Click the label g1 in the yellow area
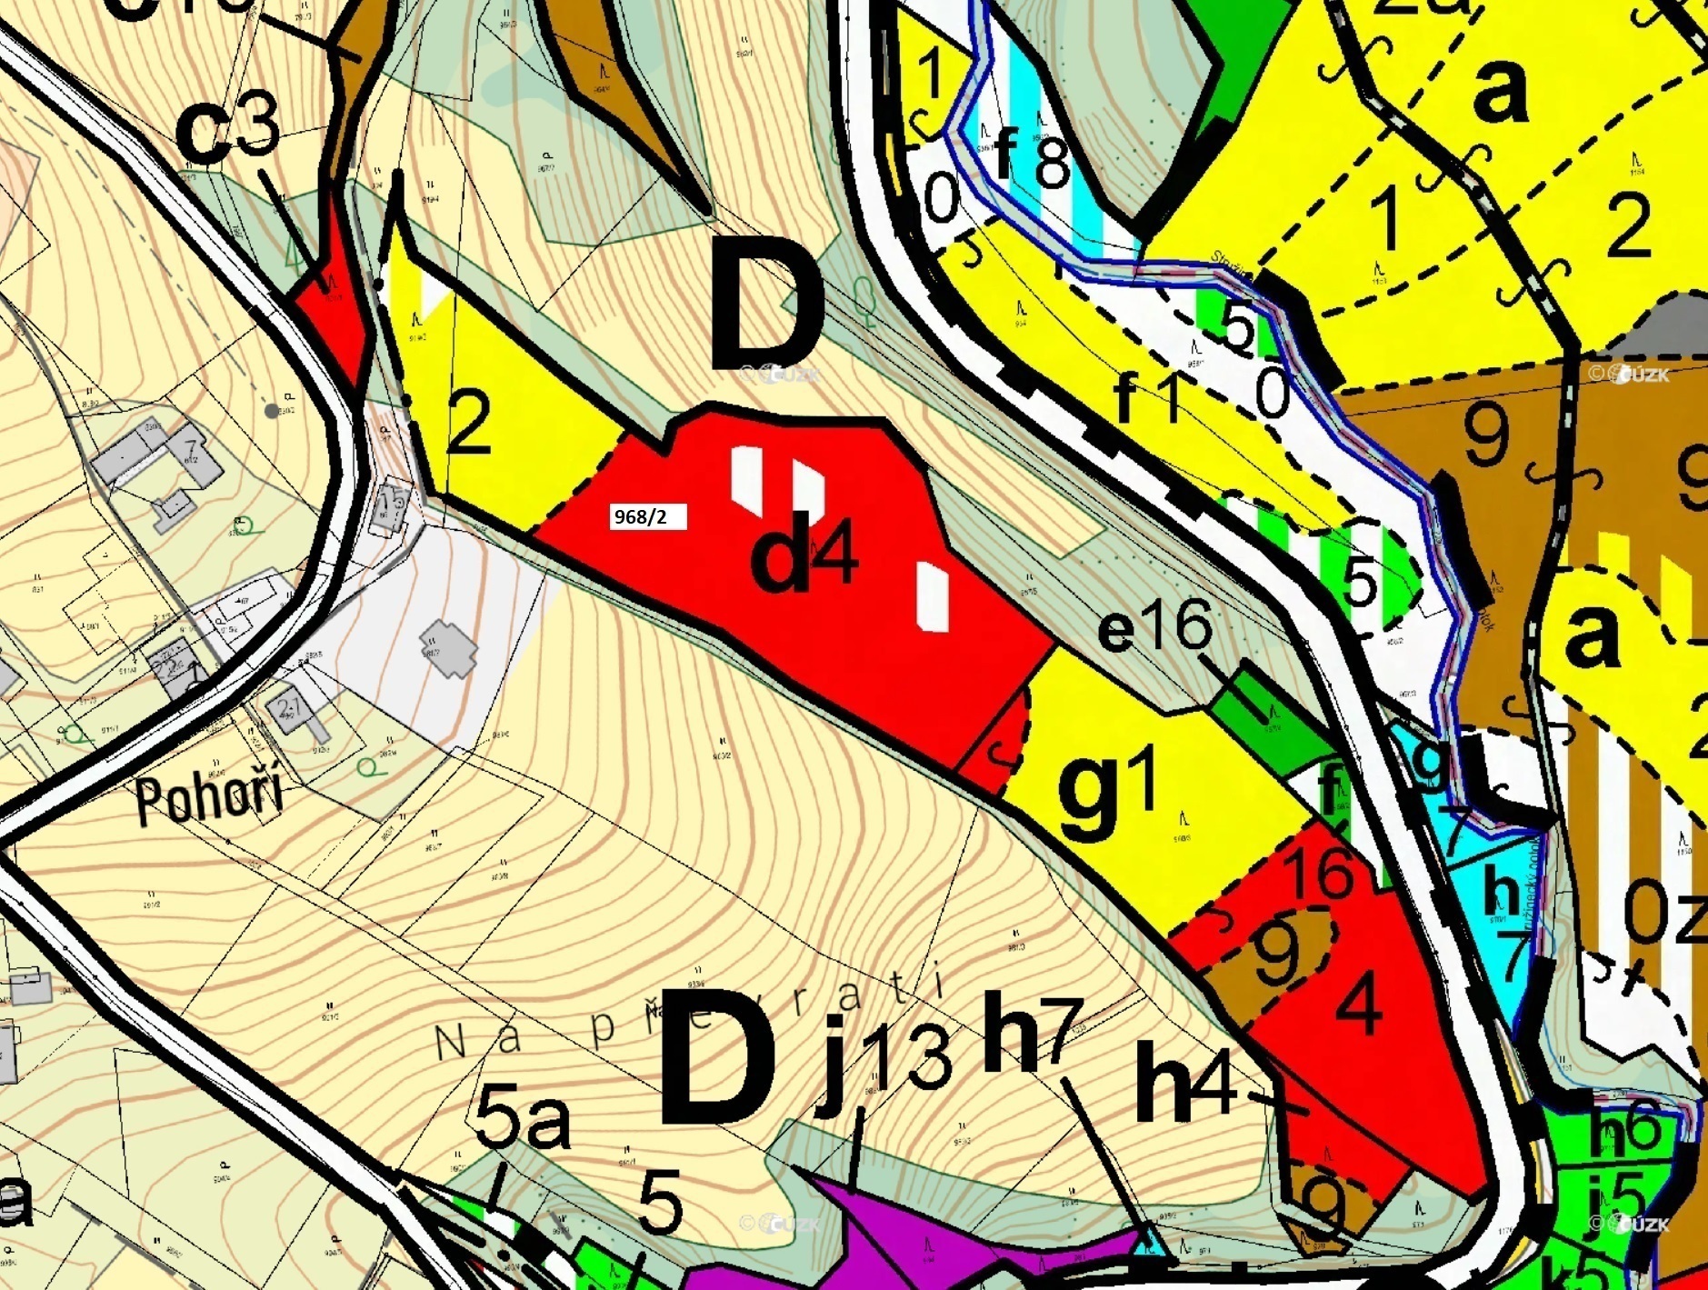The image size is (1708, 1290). click(x=1107, y=791)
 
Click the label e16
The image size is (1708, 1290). click(x=1155, y=627)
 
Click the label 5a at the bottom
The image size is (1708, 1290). click(x=522, y=1120)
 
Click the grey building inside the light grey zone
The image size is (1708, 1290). click(x=448, y=647)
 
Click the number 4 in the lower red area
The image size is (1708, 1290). click(x=1360, y=1006)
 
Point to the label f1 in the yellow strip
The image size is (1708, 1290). click(x=1147, y=397)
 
